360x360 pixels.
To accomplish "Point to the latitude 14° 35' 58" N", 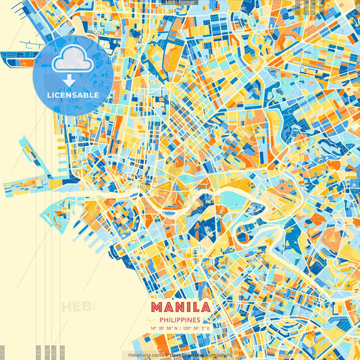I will click(x=164, y=329).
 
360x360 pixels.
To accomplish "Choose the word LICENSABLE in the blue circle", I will click(x=73, y=95).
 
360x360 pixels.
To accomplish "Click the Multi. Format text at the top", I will click(x=180, y=3).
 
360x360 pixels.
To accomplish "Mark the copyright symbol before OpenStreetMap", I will click(x=167, y=355).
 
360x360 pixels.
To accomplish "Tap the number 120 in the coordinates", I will click(x=187, y=329).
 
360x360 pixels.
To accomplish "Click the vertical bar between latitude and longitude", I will click(x=180, y=329).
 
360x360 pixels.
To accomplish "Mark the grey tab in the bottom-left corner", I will click(x=2, y=353).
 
